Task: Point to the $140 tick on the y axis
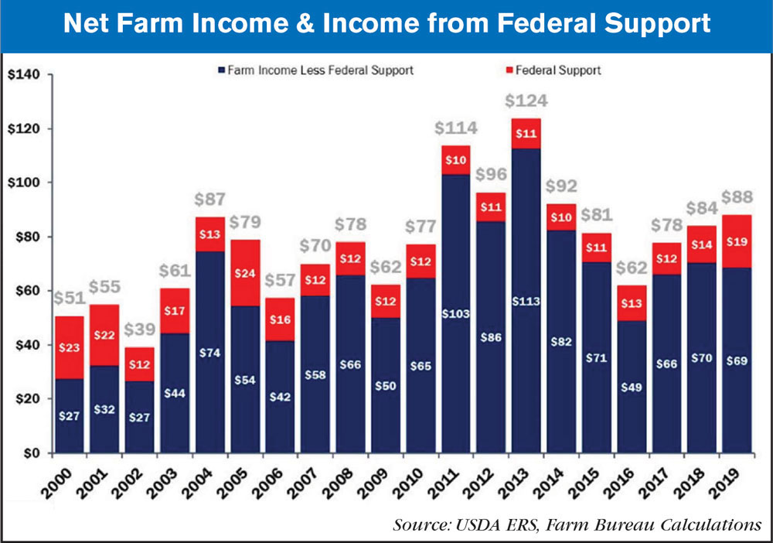28,75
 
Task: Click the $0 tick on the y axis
34,453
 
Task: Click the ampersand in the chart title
332,24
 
